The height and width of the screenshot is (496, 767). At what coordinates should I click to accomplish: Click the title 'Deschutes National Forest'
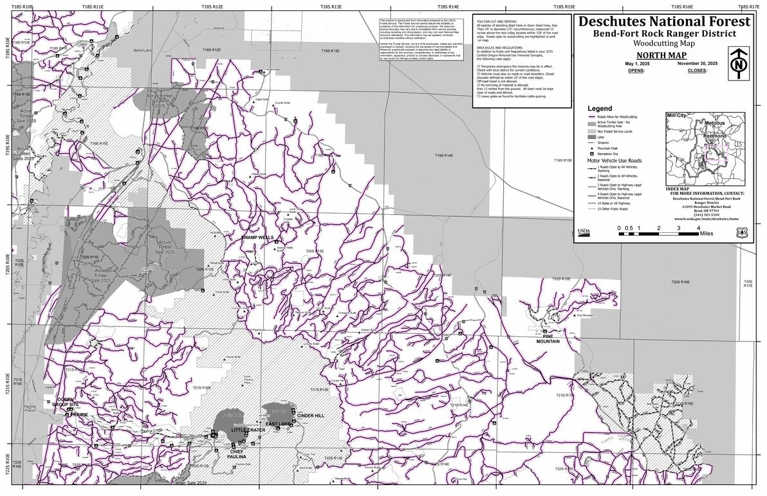tap(664, 21)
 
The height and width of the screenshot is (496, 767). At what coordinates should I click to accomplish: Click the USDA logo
tap(584, 230)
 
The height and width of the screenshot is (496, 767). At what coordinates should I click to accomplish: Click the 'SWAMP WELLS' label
tap(257, 237)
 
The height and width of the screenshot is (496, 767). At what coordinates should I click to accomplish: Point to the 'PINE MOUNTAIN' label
tap(548, 338)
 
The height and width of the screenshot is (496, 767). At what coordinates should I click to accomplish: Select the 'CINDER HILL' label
tap(311, 416)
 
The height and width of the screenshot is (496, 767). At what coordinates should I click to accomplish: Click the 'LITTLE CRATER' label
tap(248, 429)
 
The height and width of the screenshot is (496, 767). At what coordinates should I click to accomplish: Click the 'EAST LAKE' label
tap(278, 424)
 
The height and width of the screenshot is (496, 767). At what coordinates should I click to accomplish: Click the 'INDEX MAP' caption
tap(681, 188)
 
